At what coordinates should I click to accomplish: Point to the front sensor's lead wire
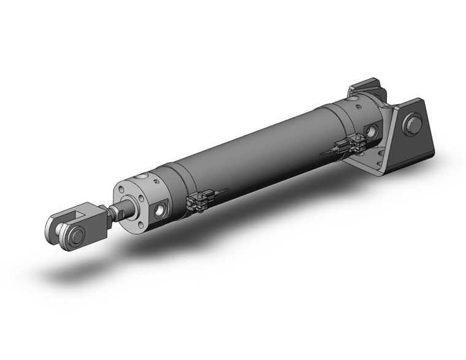pyautogui.click(x=220, y=192)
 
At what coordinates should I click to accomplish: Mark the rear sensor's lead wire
pyautogui.click(x=326, y=150)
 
